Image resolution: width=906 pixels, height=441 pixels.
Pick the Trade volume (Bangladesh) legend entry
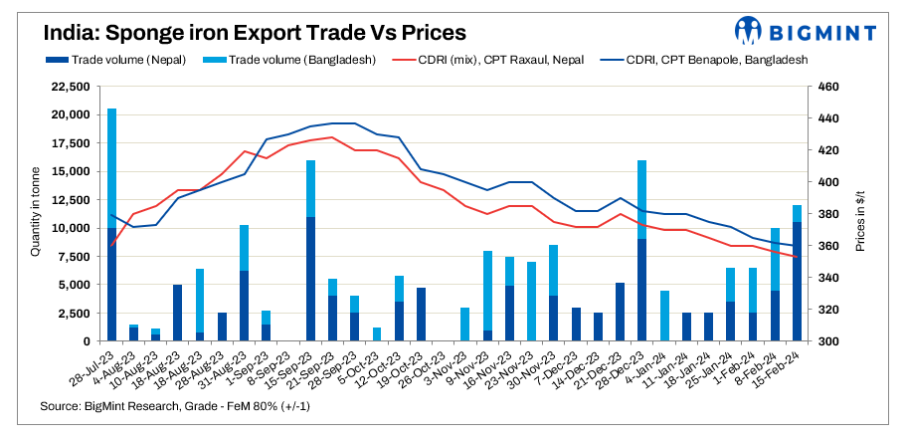tap(294, 60)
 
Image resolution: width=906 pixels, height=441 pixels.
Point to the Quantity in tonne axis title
tap(35, 214)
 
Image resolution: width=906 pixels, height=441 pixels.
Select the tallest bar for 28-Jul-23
tap(111, 225)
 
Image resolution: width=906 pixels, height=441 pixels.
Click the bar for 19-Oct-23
tap(421, 315)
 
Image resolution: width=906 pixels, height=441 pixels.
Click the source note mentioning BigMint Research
tap(164, 407)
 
